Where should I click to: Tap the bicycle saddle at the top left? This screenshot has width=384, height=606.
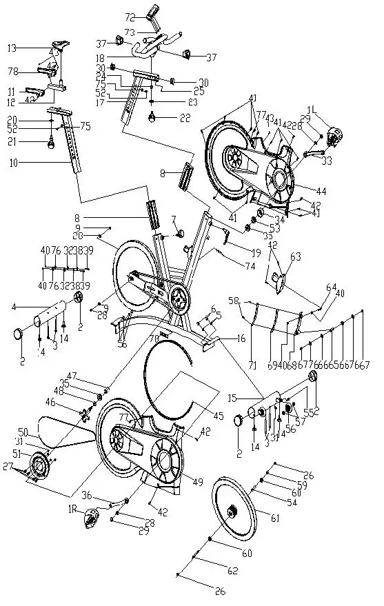click(64, 45)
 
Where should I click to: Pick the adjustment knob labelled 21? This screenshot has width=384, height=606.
click(52, 145)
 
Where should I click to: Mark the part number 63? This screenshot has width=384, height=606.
click(295, 256)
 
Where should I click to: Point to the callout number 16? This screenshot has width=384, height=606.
click(241, 339)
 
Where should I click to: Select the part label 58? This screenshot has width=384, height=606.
click(234, 301)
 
